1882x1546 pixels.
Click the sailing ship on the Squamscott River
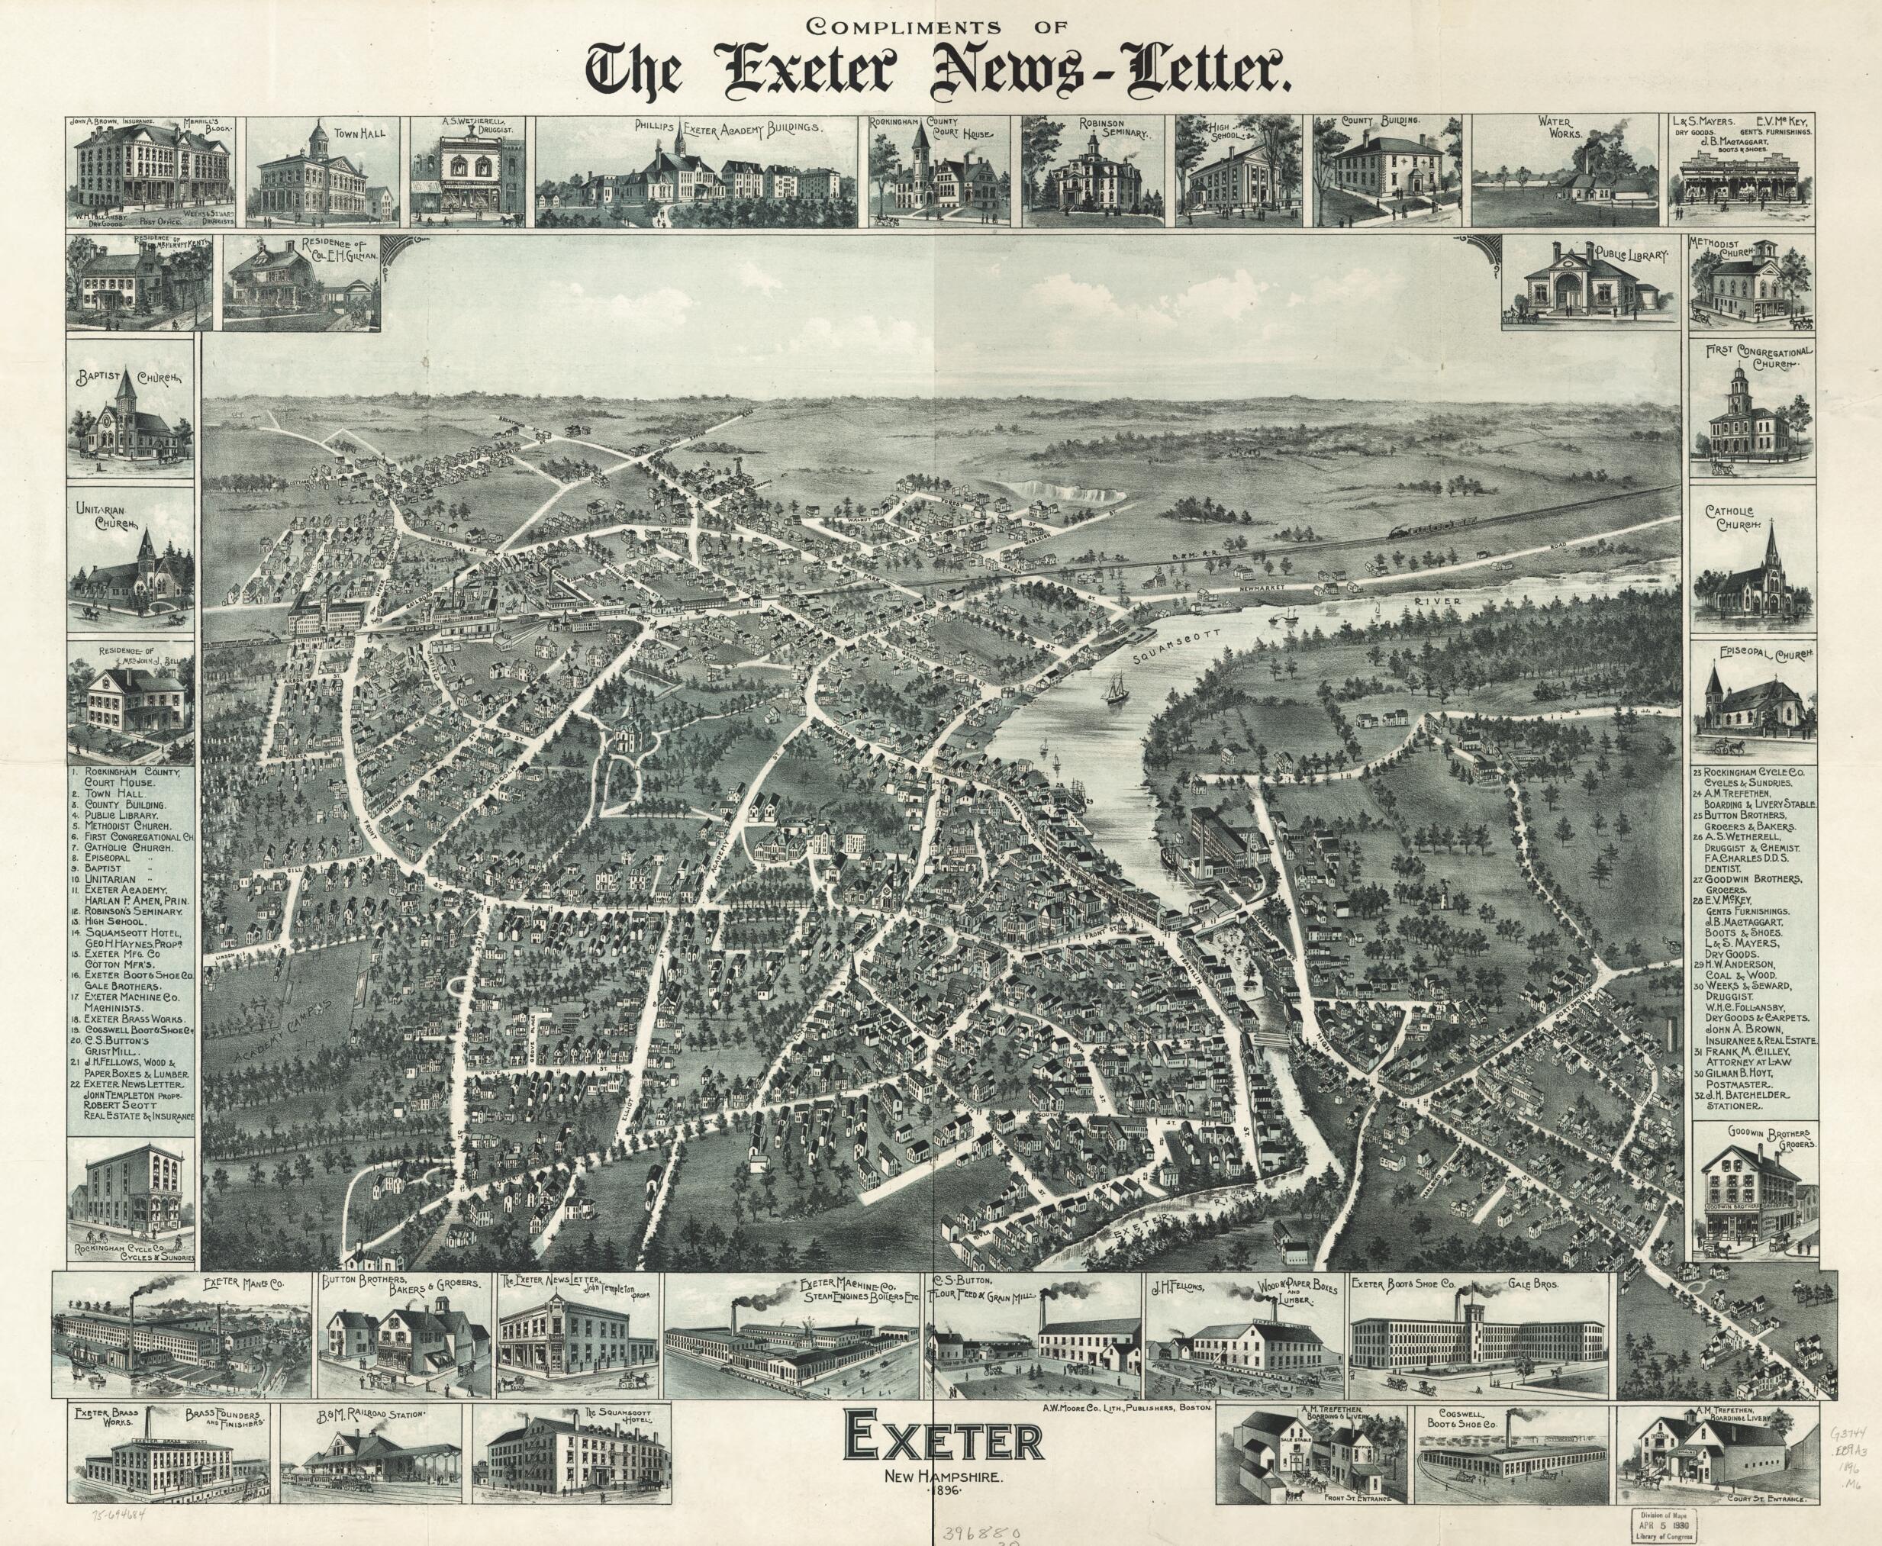pos(1116,688)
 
